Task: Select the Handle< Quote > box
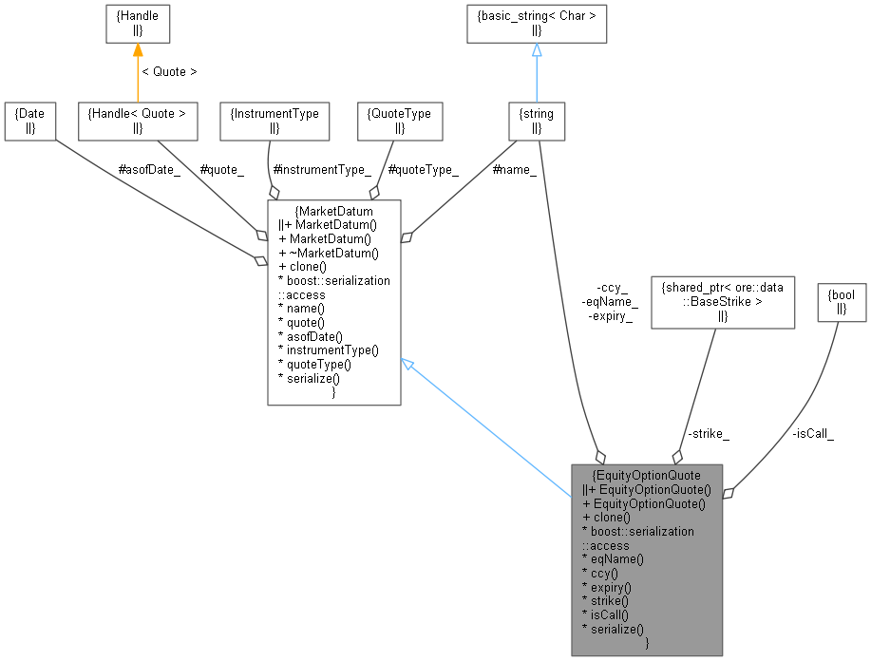tap(137, 121)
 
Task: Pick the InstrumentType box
tap(275, 121)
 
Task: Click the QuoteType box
tap(400, 121)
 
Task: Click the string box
tap(537, 121)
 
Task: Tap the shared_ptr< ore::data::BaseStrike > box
tap(722, 302)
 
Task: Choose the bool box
tap(842, 302)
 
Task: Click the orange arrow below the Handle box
tap(137, 71)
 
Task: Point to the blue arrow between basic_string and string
tap(537, 71)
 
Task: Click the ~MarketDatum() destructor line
tap(329, 252)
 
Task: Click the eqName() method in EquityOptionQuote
tap(613, 559)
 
